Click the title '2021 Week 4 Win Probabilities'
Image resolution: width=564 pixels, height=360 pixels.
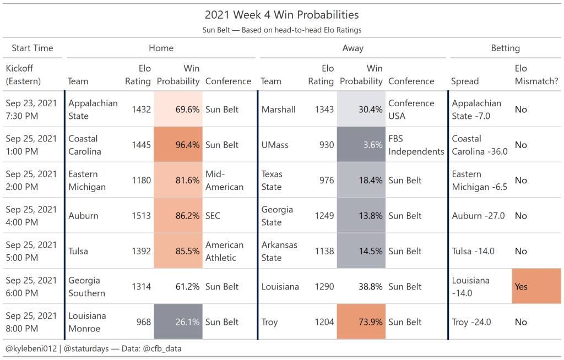pyautogui.click(x=281, y=15)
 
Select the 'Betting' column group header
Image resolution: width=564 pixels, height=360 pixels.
pyautogui.click(x=505, y=48)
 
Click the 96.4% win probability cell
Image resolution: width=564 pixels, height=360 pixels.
pyautogui.click(x=178, y=145)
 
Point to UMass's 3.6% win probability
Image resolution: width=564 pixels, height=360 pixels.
pyautogui.click(x=361, y=145)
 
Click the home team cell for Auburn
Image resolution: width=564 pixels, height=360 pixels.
pyautogui.click(x=83, y=216)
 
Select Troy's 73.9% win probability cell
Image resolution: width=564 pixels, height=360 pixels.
pyautogui.click(x=361, y=322)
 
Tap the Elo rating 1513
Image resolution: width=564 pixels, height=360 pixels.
pyautogui.click(x=141, y=216)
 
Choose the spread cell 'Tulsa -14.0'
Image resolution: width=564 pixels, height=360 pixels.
pyautogui.click(x=473, y=251)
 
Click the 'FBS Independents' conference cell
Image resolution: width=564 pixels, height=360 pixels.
pyautogui.click(x=416, y=145)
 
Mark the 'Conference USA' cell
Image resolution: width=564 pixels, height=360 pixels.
pyautogui.click(x=411, y=110)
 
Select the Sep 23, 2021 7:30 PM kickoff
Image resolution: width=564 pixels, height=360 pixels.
pyautogui.click(x=31, y=110)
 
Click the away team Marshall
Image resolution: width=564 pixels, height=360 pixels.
pyautogui.click(x=278, y=110)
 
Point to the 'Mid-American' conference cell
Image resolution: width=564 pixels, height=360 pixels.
pyautogui.click(x=224, y=180)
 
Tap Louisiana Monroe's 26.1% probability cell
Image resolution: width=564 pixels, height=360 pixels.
pyautogui.click(x=178, y=322)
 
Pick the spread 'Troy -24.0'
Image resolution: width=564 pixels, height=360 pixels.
pyautogui.click(x=471, y=322)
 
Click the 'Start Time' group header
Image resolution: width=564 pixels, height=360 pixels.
pyautogui.click(x=32, y=48)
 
